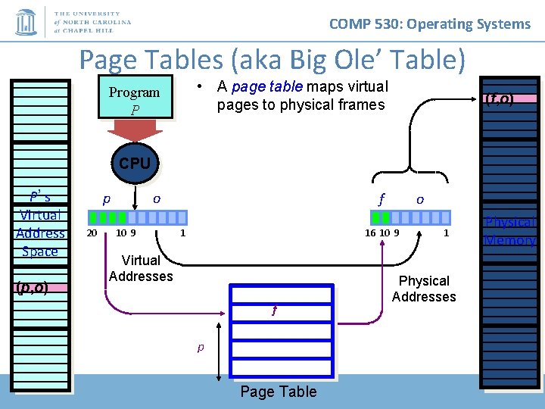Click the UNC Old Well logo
tap(26, 22)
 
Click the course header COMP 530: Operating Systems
tap(430, 23)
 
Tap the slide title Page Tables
tap(272, 58)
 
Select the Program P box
tap(135, 100)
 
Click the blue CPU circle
tap(135, 163)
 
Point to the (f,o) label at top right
tap(500, 99)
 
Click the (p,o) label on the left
tap(32, 287)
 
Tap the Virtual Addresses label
tap(141, 268)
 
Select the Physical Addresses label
tap(424, 289)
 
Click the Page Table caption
tap(278, 392)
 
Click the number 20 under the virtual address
tap(92, 233)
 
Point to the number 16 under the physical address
tap(370, 233)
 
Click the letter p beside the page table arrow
tap(201, 348)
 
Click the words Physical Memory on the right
tap(511, 231)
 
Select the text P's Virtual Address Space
tap(40, 223)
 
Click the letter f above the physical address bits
tap(382, 200)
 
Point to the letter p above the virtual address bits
tap(107, 199)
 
